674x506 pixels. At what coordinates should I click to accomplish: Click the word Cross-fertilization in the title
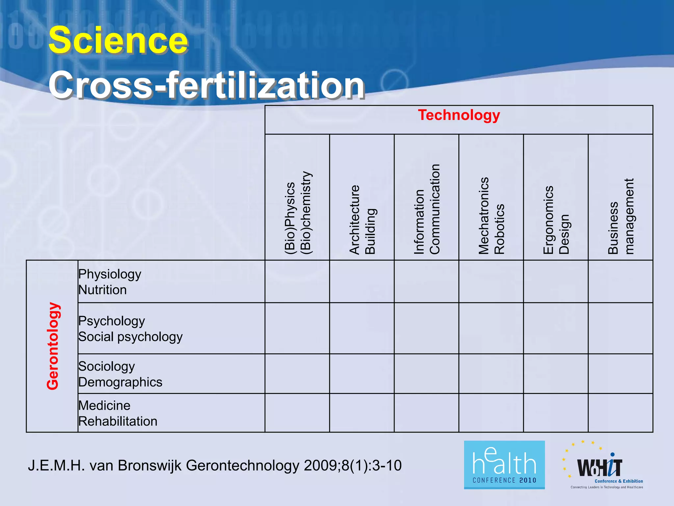pyautogui.click(x=206, y=85)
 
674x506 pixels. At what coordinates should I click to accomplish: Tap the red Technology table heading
pyautogui.click(x=459, y=115)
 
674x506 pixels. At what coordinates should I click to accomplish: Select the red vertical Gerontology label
pyautogui.click(x=53, y=346)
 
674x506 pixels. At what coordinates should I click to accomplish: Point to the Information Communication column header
pyautogui.click(x=427, y=209)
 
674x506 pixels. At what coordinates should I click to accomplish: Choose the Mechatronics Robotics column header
pyautogui.click(x=491, y=216)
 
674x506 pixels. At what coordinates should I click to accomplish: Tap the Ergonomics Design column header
pyautogui.click(x=556, y=220)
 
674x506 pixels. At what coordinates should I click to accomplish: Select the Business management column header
pyautogui.click(x=620, y=216)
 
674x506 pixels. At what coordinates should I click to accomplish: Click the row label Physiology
pyautogui.click(x=110, y=274)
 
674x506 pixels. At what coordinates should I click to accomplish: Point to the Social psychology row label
pyautogui.click(x=130, y=337)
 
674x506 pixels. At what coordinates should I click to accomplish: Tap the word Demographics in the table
pyautogui.click(x=120, y=382)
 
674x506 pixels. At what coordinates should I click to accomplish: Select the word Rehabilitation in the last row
pyautogui.click(x=118, y=421)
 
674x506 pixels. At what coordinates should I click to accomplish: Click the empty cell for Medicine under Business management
pyautogui.click(x=620, y=413)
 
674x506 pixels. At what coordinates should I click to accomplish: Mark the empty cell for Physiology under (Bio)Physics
pyautogui.click(x=297, y=281)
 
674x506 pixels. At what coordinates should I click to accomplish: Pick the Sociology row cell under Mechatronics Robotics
pyautogui.click(x=491, y=374)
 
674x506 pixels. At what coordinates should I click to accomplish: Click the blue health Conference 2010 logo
pyautogui.click(x=504, y=465)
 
